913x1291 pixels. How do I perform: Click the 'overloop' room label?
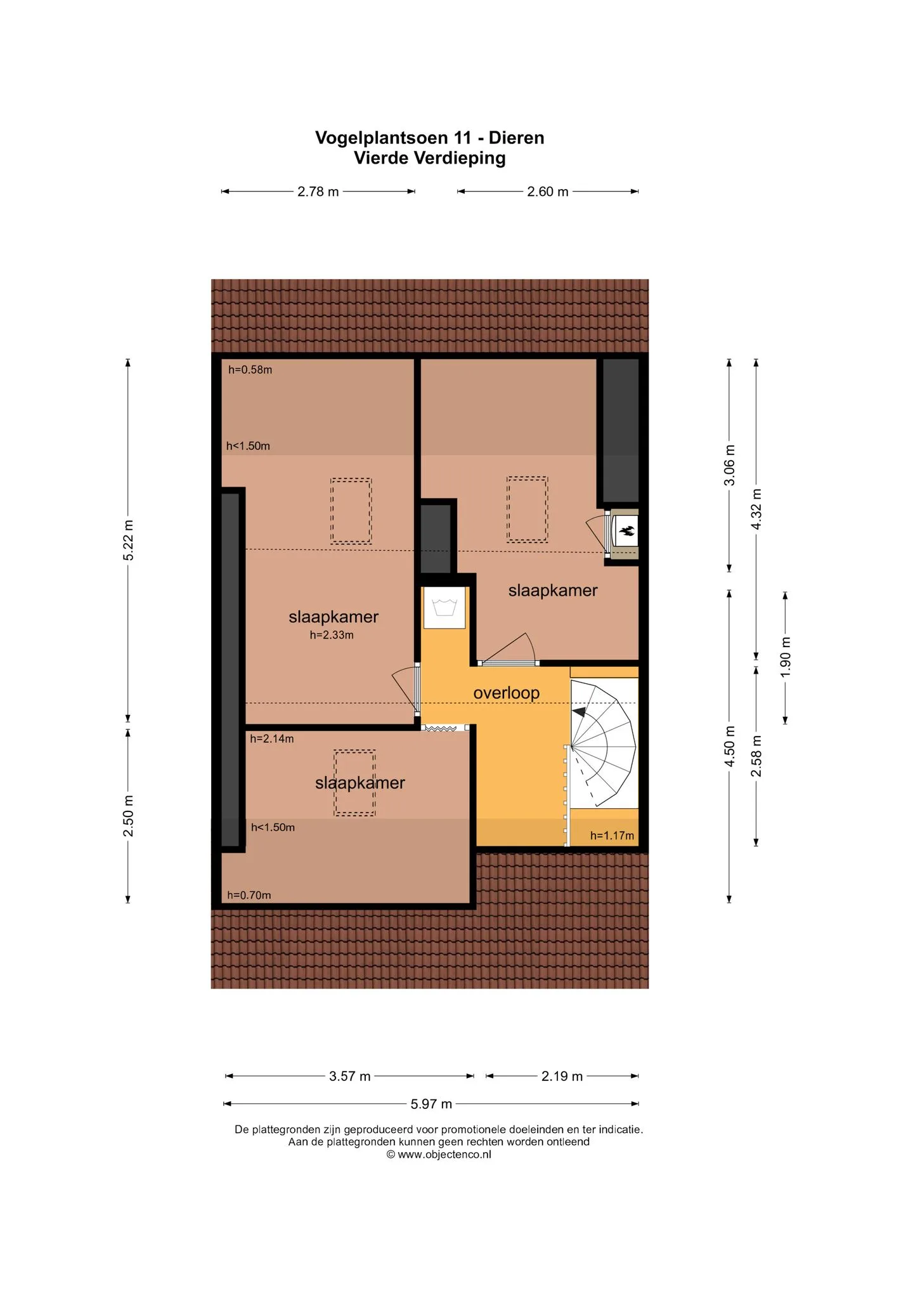click(506, 693)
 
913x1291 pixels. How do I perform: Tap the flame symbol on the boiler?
click(627, 532)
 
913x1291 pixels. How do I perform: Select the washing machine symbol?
click(444, 607)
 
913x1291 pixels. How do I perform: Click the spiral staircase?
click(603, 744)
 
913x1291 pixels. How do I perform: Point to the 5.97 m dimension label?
click(431, 1104)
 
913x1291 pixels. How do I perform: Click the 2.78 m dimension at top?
click(318, 192)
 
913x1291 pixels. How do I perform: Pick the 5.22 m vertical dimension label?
click(128, 540)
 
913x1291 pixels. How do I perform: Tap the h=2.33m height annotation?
click(332, 635)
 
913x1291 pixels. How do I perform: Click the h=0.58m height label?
click(250, 370)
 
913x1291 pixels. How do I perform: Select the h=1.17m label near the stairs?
click(612, 836)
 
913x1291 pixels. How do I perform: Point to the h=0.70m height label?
click(249, 895)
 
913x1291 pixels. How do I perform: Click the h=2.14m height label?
click(271, 738)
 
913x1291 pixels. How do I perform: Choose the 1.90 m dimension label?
click(786, 657)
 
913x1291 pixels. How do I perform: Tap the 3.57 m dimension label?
click(349, 1076)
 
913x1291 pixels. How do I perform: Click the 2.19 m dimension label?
click(562, 1076)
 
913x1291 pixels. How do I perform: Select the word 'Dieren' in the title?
click(516, 138)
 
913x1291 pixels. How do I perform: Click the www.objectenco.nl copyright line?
click(439, 1155)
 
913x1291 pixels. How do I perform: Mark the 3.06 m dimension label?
click(730, 465)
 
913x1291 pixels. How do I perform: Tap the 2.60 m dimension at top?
click(547, 192)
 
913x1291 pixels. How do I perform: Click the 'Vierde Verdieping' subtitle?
click(430, 158)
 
